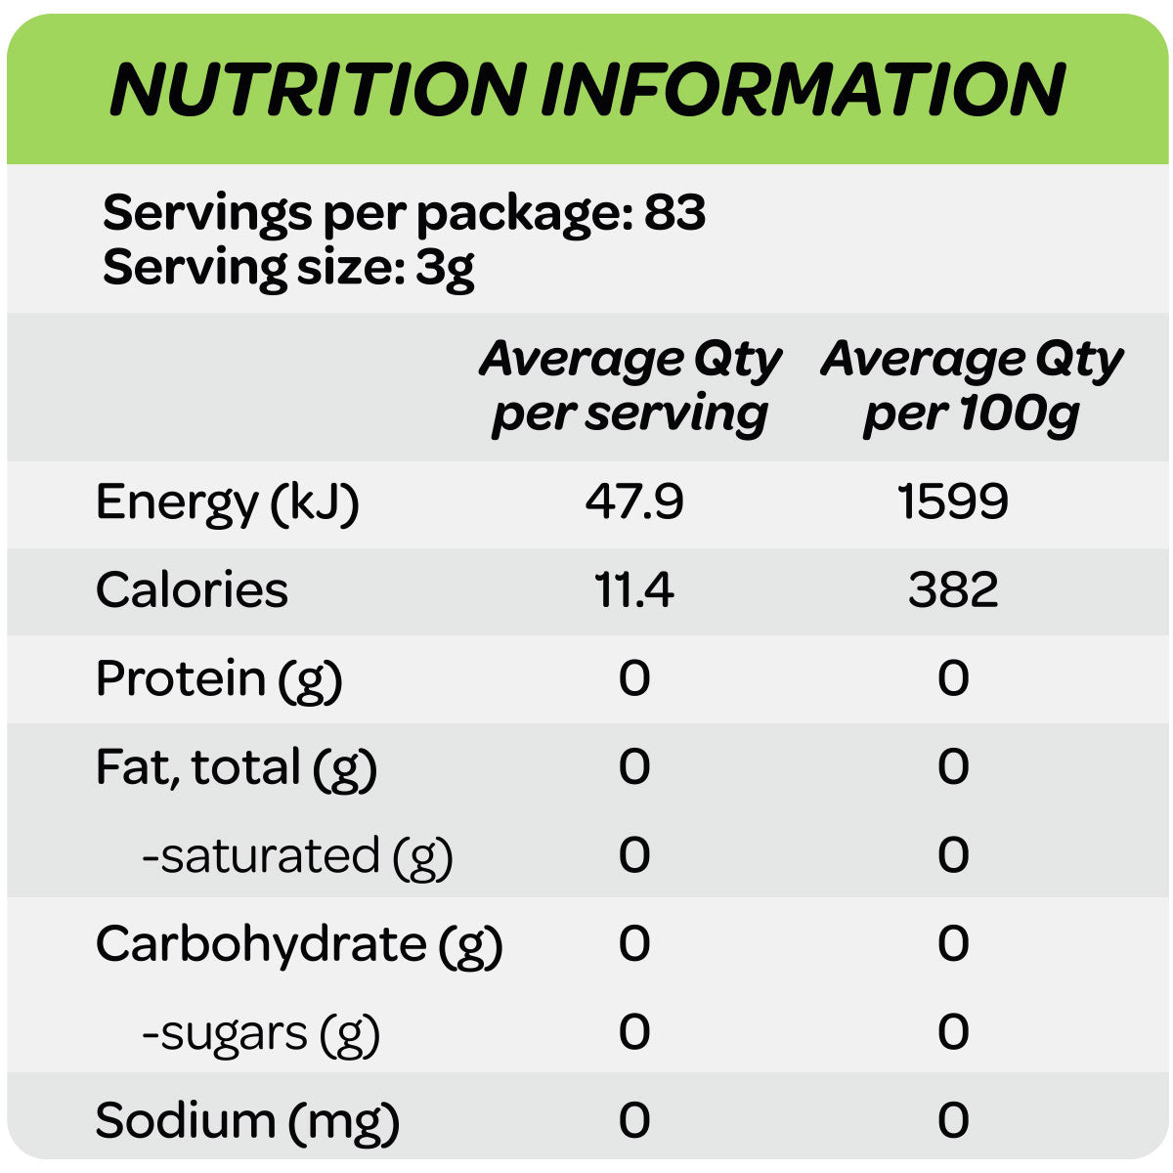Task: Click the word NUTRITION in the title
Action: [x=318, y=90]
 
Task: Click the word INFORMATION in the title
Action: [x=804, y=90]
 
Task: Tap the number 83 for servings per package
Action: [x=675, y=212]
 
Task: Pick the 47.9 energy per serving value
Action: [x=634, y=501]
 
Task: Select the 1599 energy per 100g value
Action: [x=953, y=501]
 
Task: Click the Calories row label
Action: [x=192, y=589]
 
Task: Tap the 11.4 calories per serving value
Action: [x=634, y=589]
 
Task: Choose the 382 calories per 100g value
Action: [x=953, y=589]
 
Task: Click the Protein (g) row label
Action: [x=219, y=678]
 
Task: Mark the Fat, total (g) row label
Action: [x=237, y=767]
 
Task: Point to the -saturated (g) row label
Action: [x=298, y=855]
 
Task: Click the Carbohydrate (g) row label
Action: [x=299, y=944]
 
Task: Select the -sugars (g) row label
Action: [x=261, y=1033]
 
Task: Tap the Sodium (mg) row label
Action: [x=247, y=1121]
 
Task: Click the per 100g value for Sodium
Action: [x=953, y=1120]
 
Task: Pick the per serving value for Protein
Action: [x=634, y=677]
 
